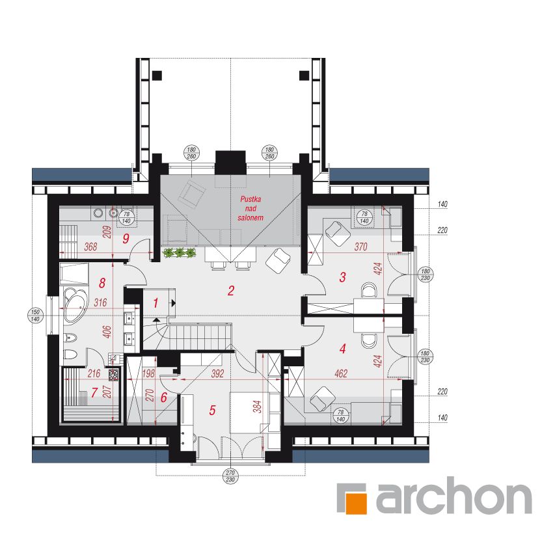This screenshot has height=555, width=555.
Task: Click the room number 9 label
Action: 126,238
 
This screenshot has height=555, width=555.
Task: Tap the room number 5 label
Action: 212,410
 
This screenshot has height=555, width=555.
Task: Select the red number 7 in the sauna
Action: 95,392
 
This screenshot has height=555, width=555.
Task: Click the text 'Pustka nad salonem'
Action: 250,208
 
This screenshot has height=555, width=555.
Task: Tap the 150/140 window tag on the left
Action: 36,316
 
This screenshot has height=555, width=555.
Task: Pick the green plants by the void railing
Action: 179,252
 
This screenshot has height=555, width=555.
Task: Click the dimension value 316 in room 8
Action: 100,303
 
